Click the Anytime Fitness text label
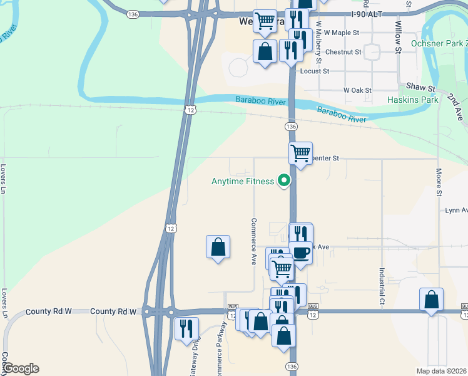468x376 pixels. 242,182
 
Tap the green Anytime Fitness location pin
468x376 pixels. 284,181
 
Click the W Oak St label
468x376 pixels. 358,91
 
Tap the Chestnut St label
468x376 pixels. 344,52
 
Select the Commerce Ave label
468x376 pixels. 254,241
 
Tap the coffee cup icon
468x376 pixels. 301,253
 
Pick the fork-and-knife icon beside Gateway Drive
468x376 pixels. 186,328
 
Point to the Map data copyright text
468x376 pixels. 442,371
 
